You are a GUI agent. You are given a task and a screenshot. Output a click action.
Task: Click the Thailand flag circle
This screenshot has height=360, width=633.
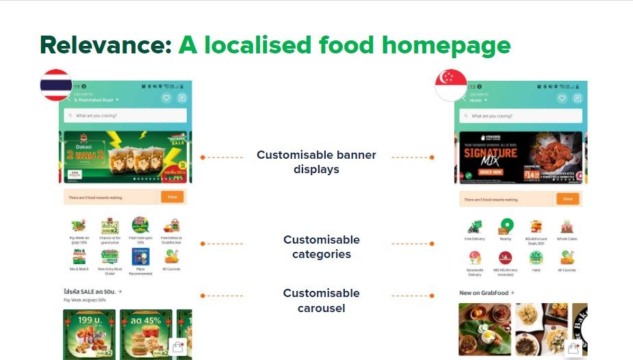56,85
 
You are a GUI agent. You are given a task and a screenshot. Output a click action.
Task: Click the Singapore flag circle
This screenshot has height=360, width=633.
451,85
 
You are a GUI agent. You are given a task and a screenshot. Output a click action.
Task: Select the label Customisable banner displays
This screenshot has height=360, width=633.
316,162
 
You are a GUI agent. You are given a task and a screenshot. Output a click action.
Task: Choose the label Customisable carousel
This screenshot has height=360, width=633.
321,300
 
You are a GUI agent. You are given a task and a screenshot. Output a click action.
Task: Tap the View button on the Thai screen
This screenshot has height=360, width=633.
172,196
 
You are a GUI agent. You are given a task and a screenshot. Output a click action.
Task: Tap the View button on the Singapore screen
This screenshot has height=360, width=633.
567,198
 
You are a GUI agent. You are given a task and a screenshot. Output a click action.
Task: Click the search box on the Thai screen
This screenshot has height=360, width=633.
125,116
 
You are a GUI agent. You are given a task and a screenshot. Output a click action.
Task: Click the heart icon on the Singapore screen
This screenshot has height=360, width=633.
561,99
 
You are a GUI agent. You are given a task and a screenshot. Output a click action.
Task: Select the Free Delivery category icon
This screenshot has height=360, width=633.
474,227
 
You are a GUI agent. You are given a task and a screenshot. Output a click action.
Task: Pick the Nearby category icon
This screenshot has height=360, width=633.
506,227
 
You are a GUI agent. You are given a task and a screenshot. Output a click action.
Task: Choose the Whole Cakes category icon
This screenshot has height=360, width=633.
567,227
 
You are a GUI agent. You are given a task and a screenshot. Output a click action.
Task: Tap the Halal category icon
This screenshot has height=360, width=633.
537,257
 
